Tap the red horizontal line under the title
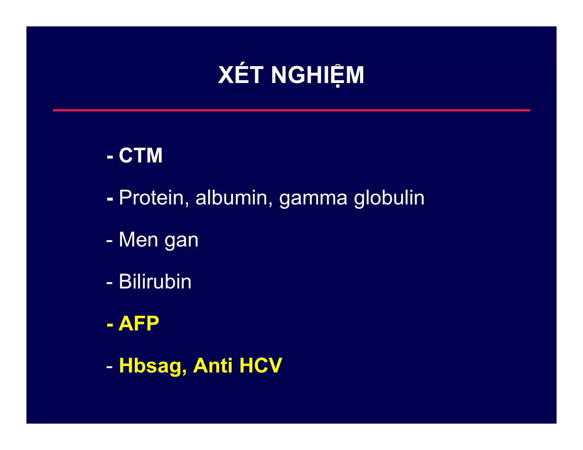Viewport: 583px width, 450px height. point(291,110)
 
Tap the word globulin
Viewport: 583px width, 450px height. point(389,197)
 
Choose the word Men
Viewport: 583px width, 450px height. point(138,240)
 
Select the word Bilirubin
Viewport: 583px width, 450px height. point(155,282)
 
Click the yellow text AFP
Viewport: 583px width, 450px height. point(139,323)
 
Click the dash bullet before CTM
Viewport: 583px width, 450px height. point(110,157)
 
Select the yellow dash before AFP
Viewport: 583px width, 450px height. point(110,325)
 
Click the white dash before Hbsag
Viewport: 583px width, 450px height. point(110,367)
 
